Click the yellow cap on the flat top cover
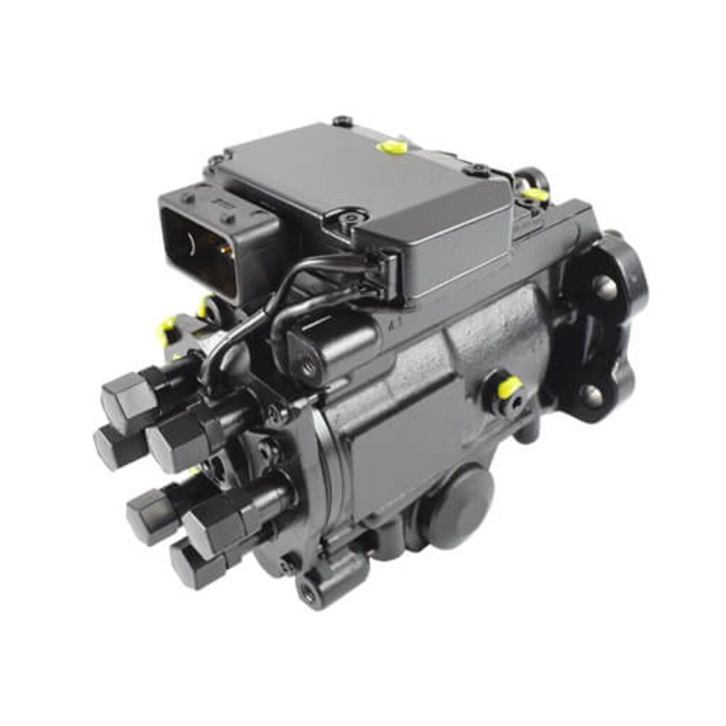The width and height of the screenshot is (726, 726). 392,146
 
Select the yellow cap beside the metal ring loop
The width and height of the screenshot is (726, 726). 535,194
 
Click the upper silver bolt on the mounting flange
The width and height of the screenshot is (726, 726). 604,286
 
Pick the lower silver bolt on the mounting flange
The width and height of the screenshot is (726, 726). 593,396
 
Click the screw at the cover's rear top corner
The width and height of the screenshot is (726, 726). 342,121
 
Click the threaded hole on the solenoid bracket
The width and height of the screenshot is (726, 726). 308,367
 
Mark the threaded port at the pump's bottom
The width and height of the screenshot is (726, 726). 311,595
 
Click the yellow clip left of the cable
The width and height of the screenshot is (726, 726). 167,330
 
